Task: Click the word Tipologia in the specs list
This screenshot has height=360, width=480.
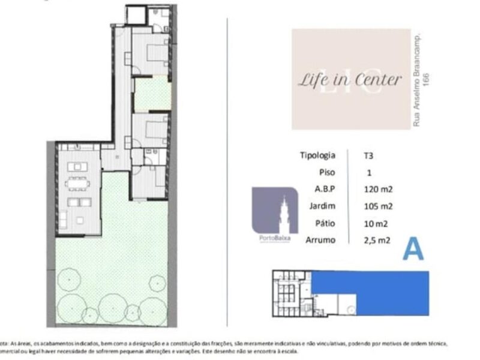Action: pos(317,155)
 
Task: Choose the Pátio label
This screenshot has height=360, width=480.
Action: pos(325,224)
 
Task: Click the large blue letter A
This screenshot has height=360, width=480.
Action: pos(413,248)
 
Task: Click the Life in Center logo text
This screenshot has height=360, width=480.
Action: pos(350,80)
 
